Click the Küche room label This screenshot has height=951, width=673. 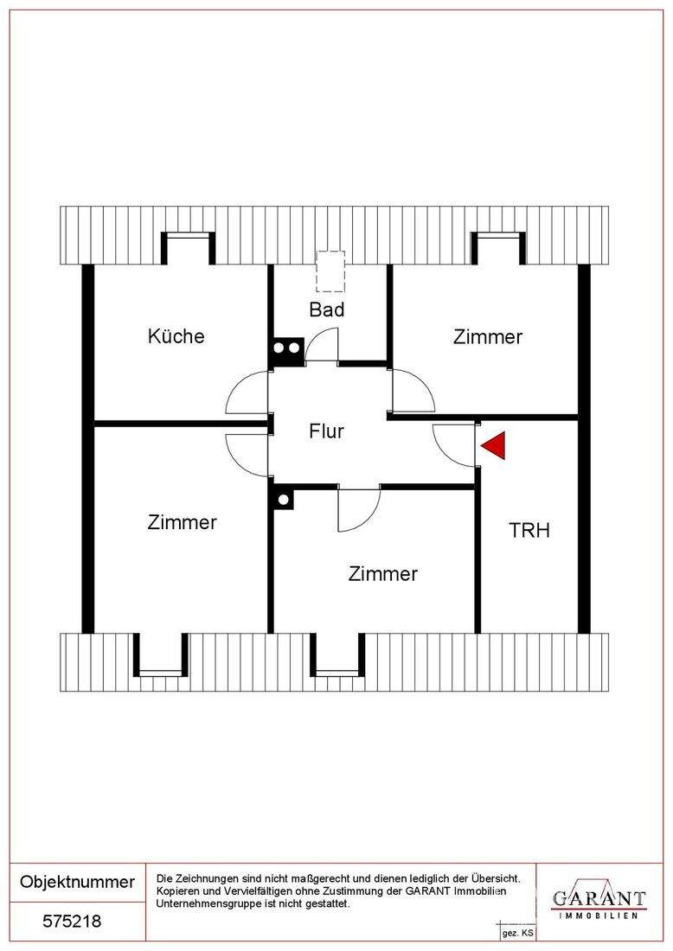[x=176, y=336]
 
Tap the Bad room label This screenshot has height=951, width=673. [x=327, y=310]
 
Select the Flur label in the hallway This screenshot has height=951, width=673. [x=326, y=431]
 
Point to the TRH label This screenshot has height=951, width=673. [x=529, y=530]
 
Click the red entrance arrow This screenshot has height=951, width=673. [x=494, y=446]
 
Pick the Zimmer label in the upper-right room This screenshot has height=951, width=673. [x=488, y=337]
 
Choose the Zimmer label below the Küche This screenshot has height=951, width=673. [x=182, y=522]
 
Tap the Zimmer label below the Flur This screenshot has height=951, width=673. [x=382, y=573]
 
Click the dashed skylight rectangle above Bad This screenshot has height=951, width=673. [x=330, y=271]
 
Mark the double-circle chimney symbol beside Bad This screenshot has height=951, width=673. [x=286, y=349]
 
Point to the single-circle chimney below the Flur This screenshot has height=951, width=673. [x=282, y=499]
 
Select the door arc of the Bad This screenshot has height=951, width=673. [x=322, y=346]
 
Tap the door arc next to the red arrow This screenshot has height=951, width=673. [x=452, y=446]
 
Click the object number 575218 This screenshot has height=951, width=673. [x=73, y=922]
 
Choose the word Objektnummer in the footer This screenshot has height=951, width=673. [x=77, y=882]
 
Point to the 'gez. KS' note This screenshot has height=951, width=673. [x=517, y=934]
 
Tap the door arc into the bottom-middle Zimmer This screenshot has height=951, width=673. [x=358, y=510]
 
